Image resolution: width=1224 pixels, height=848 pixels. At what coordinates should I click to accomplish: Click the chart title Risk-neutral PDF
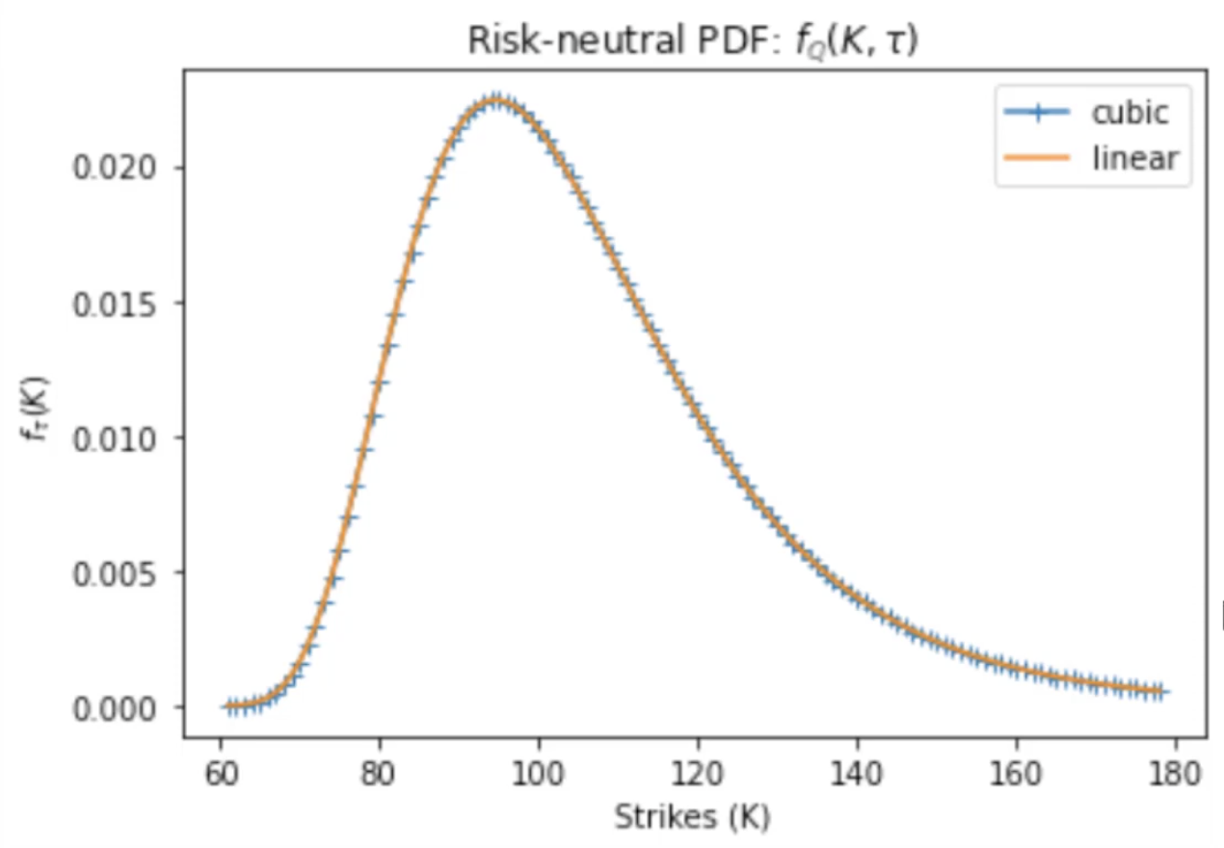coord(692,41)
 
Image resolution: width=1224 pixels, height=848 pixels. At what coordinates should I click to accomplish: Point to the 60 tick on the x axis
coord(221,772)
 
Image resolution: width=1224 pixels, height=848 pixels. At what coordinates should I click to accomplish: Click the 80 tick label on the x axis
coord(380,772)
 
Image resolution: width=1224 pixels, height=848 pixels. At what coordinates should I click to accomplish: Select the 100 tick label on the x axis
coord(539,772)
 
